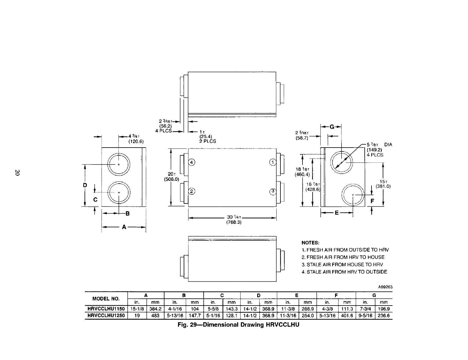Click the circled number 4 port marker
point(192,162)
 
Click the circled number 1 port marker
point(273,162)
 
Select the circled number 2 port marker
point(192,191)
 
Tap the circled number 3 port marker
point(273,191)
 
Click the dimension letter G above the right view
point(332,127)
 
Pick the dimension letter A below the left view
point(124,227)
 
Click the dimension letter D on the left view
point(85,185)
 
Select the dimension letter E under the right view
point(337,213)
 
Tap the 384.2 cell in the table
point(155,309)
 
